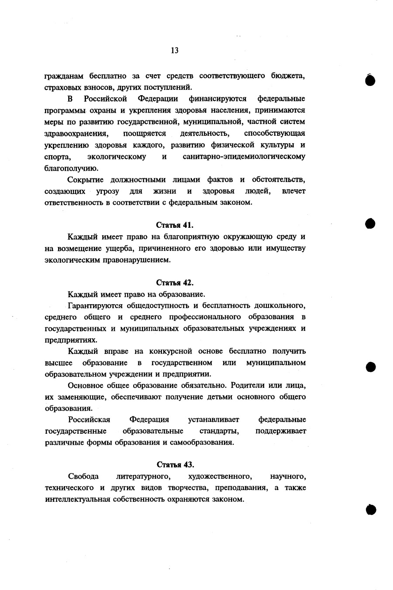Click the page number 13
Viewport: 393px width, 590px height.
click(174, 51)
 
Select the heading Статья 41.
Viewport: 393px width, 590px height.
click(175, 225)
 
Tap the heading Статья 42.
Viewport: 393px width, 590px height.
click(175, 283)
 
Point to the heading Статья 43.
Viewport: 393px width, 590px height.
click(175, 464)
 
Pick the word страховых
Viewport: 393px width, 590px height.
click(61, 87)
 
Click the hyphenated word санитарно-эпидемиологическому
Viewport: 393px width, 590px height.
click(244, 156)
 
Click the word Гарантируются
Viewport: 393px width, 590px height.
click(93, 305)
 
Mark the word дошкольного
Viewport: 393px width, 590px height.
click(280, 305)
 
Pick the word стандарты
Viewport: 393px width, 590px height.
click(219, 431)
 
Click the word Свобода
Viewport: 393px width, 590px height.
click(83, 476)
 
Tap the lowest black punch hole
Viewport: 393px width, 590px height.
click(371, 510)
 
